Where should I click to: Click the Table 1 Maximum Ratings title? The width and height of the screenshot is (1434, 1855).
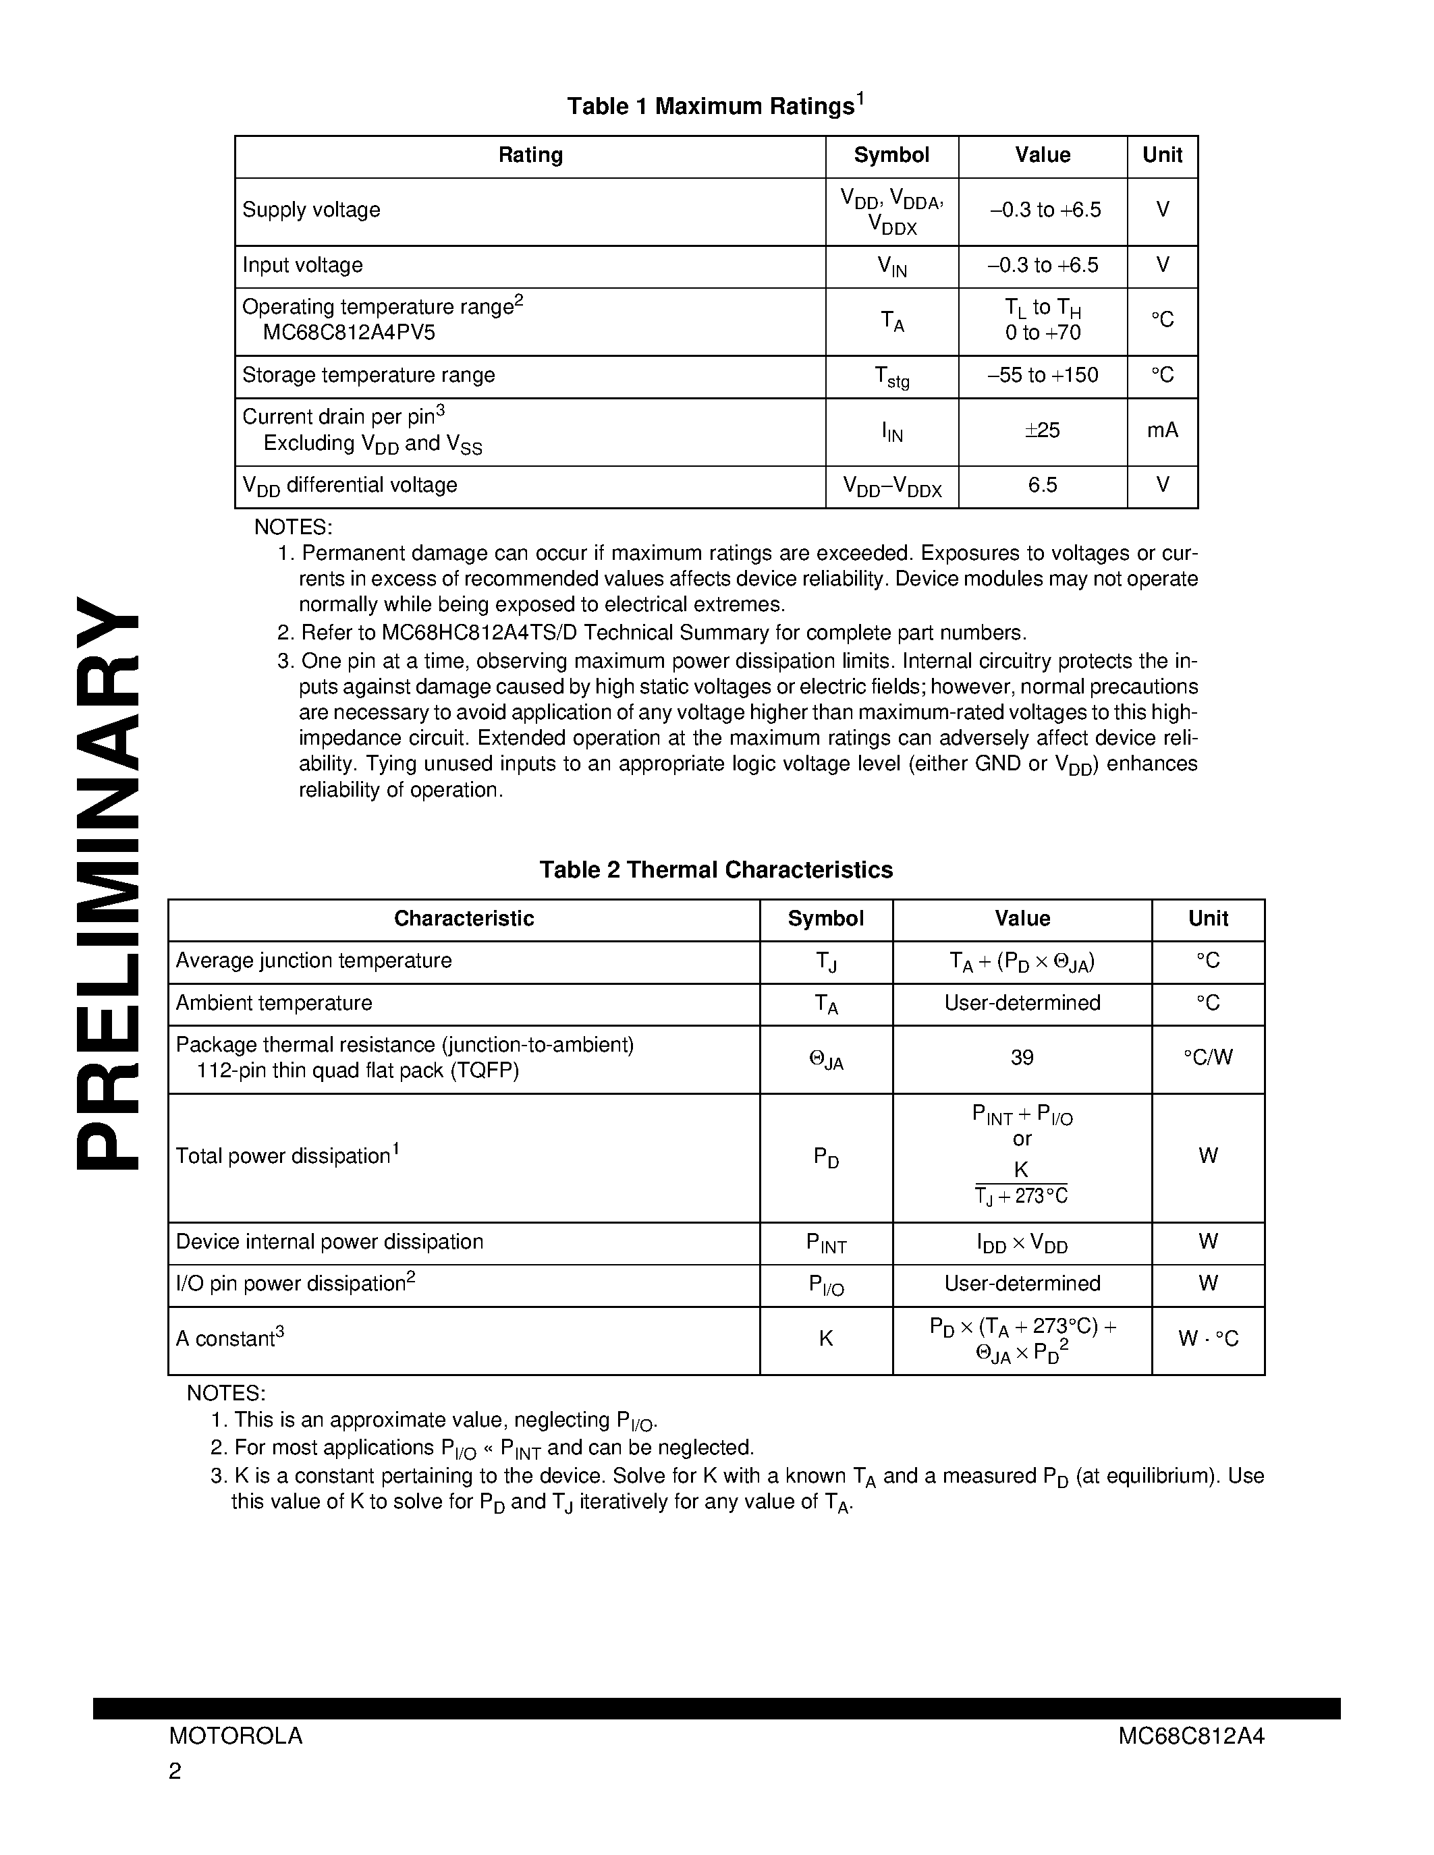point(715,106)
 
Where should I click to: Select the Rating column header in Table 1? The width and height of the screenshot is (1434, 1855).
point(530,155)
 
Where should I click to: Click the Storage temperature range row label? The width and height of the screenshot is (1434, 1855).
point(368,376)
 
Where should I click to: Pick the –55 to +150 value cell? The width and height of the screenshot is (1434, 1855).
point(1043,376)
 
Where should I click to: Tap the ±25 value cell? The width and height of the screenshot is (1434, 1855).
point(1043,430)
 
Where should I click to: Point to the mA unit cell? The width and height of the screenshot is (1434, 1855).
point(1162,430)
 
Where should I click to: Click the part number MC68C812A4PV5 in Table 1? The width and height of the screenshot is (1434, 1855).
point(348,333)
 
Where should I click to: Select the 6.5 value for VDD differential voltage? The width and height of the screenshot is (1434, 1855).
point(1043,485)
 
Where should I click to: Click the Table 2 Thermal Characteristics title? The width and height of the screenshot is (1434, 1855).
point(716,869)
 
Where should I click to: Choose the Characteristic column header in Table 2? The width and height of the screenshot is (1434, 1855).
point(464,918)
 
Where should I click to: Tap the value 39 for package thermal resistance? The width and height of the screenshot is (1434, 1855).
point(1022,1058)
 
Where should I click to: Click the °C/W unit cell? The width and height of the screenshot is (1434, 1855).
point(1207,1058)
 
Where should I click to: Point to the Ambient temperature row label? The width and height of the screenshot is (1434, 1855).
point(273,1003)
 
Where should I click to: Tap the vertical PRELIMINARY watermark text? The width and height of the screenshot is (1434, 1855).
point(108,884)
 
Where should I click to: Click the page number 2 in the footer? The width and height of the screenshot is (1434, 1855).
point(175,1771)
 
